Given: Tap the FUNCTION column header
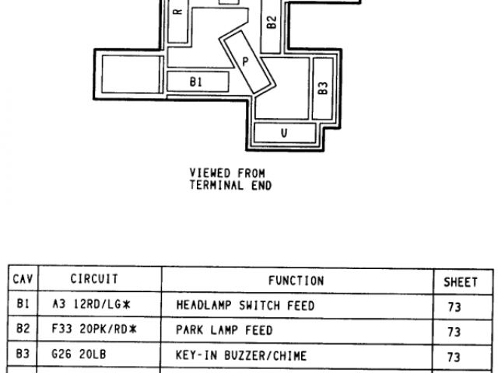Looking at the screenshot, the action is [296, 281].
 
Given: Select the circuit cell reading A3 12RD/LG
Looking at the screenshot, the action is [87, 306].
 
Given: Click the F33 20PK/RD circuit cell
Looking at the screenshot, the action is [90, 331].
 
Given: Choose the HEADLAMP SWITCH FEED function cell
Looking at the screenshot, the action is [245, 306].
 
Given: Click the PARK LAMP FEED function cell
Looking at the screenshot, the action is [225, 331].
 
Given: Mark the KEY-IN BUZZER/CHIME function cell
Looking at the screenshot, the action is [242, 357].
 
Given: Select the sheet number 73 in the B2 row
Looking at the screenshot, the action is [454, 333].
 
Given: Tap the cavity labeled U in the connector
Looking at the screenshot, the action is [284, 132].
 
